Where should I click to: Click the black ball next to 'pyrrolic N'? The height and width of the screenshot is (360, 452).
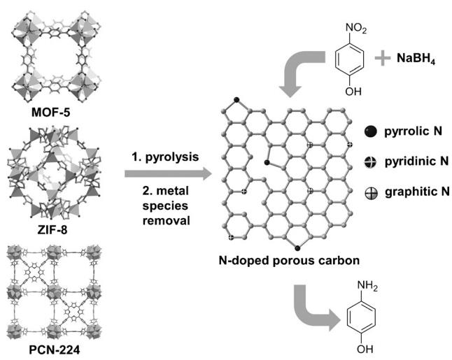click(370, 130)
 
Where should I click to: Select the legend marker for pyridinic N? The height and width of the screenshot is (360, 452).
click(370, 161)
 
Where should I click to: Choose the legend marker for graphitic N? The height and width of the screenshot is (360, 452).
click(370, 193)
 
